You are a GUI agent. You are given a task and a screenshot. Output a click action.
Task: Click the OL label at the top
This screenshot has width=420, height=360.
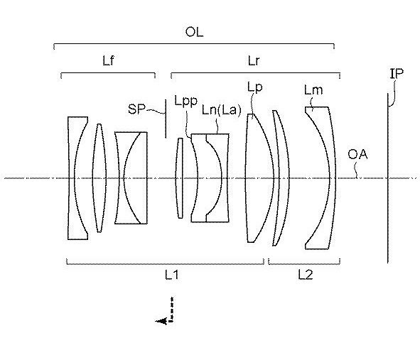coord(194,32)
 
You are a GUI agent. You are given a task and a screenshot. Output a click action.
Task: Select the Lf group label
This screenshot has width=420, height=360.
coord(109,61)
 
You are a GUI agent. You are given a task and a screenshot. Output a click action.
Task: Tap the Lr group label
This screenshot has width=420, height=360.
coord(254,61)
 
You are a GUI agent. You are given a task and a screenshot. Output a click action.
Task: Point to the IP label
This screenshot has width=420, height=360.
coord(397,73)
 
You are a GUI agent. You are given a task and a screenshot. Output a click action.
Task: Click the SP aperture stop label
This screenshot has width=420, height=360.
coord(136,109)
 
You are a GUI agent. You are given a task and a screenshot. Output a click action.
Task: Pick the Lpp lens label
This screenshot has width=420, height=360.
coord(186,101)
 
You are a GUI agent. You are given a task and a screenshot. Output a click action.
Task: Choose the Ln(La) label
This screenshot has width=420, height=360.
coord(222,110)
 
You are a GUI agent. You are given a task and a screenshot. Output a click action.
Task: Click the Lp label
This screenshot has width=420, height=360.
coord(254,87)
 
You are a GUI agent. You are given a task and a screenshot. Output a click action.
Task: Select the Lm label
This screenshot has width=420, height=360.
coord(313,90)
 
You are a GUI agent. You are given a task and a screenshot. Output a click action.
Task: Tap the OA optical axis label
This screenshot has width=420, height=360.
coord(357,155)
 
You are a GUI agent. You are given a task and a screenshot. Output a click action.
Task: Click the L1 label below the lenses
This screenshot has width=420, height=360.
coord(172,275)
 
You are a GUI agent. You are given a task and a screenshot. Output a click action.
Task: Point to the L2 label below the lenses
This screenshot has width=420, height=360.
coord(306,275)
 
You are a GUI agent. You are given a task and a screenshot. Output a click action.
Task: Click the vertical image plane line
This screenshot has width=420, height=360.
coord(387,178)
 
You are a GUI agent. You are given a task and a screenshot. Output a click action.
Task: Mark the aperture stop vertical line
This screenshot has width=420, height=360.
coord(166,119)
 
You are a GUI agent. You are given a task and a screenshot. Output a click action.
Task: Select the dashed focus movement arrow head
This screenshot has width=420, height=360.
coord(161,321)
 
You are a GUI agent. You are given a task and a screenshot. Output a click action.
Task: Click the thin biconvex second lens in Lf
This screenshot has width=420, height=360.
coord(99,178)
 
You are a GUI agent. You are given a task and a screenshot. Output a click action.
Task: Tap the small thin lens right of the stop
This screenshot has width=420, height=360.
coord(180,178)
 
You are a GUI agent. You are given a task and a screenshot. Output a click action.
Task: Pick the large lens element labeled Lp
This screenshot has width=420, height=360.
coord(259,178)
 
